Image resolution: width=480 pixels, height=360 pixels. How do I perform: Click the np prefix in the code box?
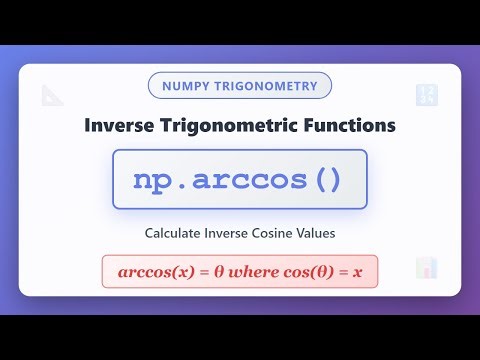coord(152,180)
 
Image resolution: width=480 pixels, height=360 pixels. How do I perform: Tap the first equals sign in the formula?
coord(194,273)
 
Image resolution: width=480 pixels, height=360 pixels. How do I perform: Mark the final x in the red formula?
coord(356,273)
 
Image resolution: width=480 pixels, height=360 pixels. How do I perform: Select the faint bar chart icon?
coord(427,267)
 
